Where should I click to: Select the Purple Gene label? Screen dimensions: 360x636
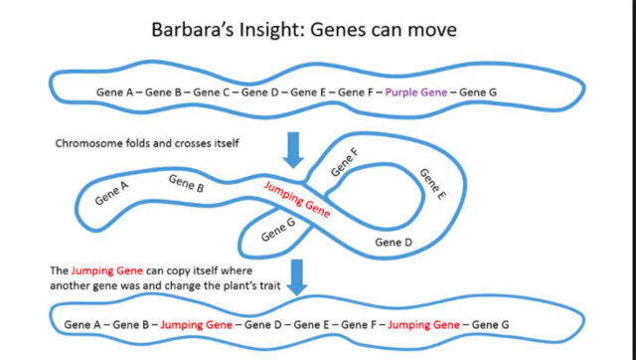click(x=413, y=91)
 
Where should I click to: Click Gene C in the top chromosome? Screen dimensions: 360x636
click(x=213, y=91)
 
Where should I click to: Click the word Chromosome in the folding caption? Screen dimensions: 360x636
click(x=90, y=143)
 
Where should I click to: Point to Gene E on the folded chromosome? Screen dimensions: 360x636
click(x=433, y=184)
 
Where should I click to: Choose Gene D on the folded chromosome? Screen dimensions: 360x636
click(x=394, y=242)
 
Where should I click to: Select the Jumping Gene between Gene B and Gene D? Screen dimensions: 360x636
click(x=197, y=324)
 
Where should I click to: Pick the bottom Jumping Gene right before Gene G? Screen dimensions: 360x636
click(x=423, y=324)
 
